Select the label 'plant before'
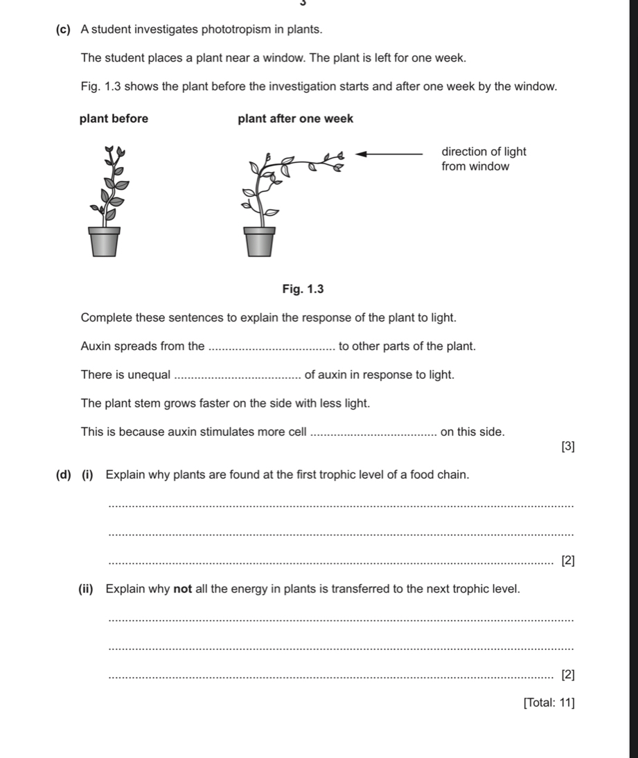pos(114,118)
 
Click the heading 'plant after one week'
pos(295,118)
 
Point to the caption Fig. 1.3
pos(303,288)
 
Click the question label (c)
pos(62,30)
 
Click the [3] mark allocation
pos(567,447)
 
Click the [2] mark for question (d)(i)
pos(567,560)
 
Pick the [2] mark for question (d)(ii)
pos(567,673)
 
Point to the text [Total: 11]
pos(549,703)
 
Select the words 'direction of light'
pos(484,152)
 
